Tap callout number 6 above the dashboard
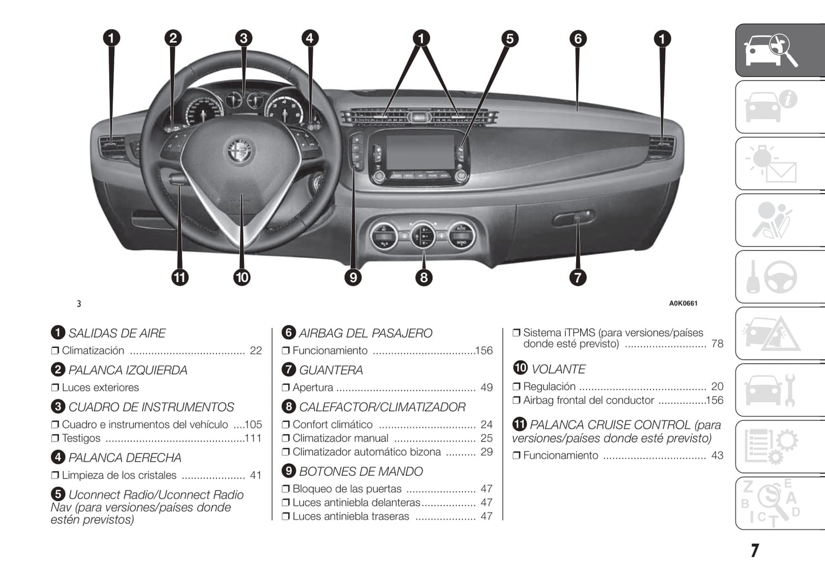[578, 39]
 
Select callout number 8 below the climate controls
[423, 278]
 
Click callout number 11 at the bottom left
[180, 278]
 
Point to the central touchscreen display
[419, 151]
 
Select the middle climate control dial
[422, 235]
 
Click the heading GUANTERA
[331, 370]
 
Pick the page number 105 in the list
[253, 424]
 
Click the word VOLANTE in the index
[558, 369]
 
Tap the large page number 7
[755, 551]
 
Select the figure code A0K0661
[683, 303]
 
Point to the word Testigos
[81, 438]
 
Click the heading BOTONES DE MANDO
[361, 471]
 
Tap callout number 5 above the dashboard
[509, 39]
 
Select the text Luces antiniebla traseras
[351, 516]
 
